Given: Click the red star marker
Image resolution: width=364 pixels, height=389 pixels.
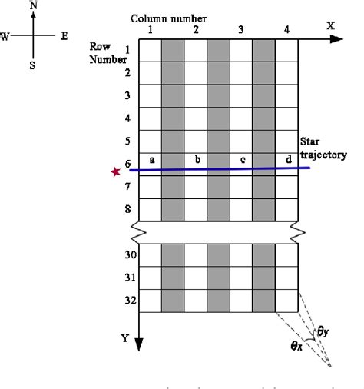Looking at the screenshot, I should [116, 172].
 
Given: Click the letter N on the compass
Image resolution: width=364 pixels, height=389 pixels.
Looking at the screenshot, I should [33, 5].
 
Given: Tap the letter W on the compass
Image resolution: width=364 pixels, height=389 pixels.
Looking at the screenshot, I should [5, 37].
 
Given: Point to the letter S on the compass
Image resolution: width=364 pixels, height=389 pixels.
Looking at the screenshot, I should [32, 66].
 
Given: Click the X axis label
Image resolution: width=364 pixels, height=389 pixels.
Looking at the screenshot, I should [331, 25].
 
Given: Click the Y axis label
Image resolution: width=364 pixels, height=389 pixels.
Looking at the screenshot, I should [124, 337].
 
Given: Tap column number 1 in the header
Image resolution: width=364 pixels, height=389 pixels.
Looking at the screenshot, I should [150, 29].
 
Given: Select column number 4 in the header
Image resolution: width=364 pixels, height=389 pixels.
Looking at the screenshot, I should [286, 29].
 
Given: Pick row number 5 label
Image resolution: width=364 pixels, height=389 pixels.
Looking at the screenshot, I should [127, 142].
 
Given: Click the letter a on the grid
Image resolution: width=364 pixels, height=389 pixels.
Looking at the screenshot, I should [152, 159].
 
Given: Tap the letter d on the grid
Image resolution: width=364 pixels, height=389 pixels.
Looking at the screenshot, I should [288, 159].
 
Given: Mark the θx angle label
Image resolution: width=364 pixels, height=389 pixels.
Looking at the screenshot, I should [296, 346].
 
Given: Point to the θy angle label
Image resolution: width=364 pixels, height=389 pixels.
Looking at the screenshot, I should [323, 332].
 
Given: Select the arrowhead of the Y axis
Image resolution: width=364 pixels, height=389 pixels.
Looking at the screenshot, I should [139, 342].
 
